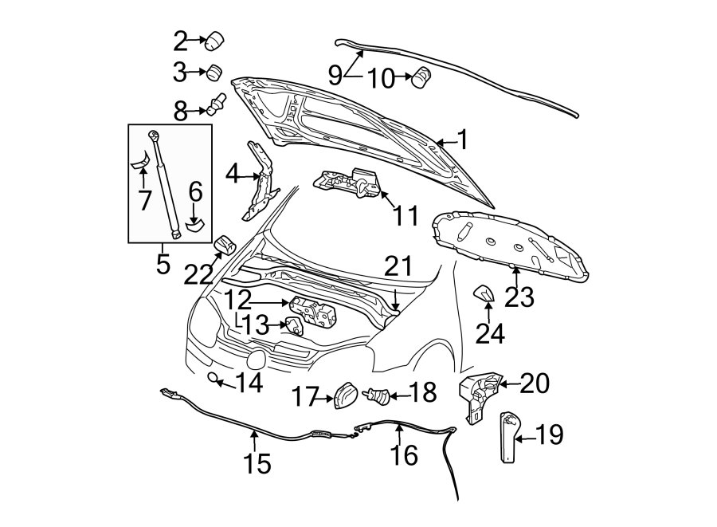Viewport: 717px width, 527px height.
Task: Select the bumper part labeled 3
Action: point(214,73)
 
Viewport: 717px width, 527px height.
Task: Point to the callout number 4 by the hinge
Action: point(233,172)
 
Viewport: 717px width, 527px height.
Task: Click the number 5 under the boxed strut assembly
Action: point(163,262)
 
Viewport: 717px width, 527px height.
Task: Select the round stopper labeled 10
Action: point(421,77)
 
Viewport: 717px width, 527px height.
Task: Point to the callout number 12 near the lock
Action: point(238,301)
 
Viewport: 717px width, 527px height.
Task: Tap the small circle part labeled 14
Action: point(214,377)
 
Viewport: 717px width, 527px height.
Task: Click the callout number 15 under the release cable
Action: point(257,462)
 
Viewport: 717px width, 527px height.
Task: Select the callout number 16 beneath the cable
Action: point(405,454)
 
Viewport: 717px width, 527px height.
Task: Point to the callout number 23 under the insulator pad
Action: point(517,297)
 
